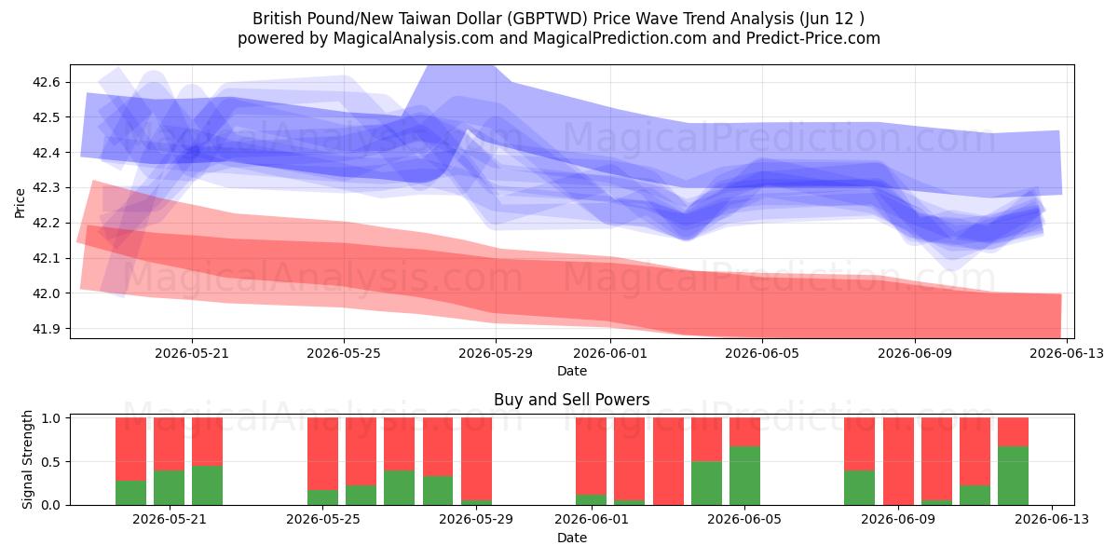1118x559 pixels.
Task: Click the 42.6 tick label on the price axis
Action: [46, 82]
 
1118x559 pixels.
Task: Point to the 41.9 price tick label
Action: [46, 329]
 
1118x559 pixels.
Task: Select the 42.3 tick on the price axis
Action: [46, 188]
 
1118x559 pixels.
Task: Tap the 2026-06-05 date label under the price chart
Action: [762, 354]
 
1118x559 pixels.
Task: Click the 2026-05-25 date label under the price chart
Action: [344, 354]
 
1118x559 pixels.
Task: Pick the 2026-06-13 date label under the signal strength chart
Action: [1052, 520]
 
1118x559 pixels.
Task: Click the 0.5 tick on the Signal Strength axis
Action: [50, 462]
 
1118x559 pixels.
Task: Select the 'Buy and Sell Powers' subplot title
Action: [571, 400]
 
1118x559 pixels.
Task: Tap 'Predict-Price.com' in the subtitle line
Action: [813, 38]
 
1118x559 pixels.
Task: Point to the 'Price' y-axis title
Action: [20, 203]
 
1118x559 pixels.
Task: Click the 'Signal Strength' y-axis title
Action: [27, 459]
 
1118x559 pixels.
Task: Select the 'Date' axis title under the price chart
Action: [571, 371]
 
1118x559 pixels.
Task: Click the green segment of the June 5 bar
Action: [744, 476]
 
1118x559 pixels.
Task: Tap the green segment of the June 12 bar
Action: [1014, 476]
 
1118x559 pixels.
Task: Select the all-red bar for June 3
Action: [668, 461]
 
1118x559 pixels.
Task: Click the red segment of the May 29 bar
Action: [476, 458]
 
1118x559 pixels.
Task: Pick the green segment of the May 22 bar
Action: [207, 485]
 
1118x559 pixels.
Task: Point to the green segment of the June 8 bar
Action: [859, 487]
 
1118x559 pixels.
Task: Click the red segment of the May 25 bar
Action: [322, 454]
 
